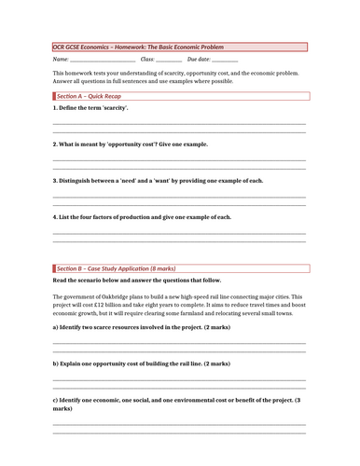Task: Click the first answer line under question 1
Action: pos(178,123)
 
